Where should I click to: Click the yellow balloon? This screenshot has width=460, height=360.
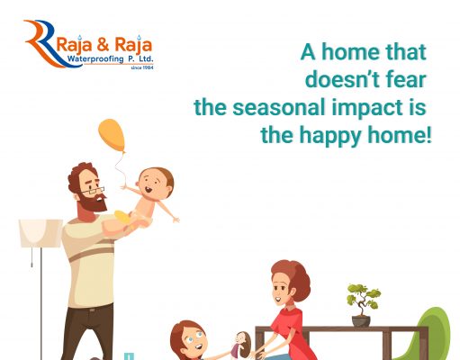tap(112, 135)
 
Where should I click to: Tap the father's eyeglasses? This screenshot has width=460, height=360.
tap(93, 190)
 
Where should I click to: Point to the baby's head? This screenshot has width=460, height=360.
tap(156, 183)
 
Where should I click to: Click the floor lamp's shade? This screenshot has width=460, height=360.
tap(41, 233)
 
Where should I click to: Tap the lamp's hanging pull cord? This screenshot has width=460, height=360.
tap(32, 257)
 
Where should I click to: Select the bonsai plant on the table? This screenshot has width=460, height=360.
tap(364, 300)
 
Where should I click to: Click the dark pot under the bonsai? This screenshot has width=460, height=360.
tap(361, 321)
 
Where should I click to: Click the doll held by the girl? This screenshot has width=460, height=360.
tap(241, 345)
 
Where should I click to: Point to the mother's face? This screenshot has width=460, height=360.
tap(281, 291)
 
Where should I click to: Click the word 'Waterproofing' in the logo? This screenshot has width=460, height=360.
tap(95, 58)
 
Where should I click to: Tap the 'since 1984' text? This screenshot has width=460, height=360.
tap(142, 67)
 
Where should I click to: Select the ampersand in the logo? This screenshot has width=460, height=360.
tap(103, 45)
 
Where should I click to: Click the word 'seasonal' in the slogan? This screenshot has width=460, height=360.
tap(279, 107)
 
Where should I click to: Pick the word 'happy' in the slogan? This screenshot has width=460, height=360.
tap(330, 137)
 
